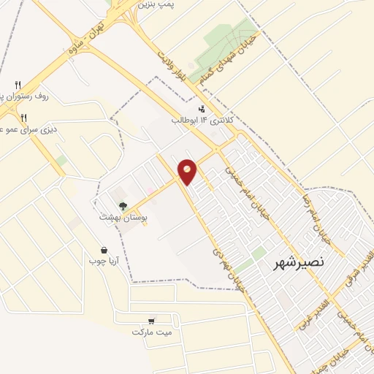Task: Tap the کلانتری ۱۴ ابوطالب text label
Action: point(195,120)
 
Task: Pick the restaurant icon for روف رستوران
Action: point(19,84)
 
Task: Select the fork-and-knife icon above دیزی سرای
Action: point(23,117)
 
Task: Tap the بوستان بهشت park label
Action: point(123,218)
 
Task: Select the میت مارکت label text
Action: point(152,332)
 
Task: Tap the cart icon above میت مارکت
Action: point(151,321)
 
